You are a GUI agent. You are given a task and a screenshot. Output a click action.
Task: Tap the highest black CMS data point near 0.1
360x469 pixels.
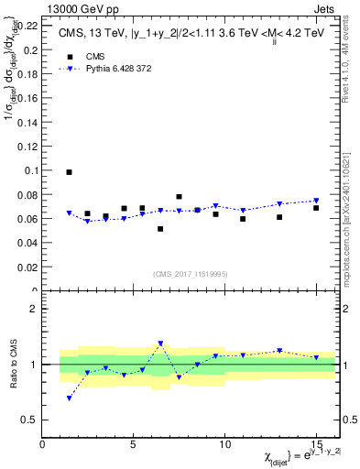(70, 172)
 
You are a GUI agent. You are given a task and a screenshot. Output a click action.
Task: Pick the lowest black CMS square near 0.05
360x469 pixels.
(160, 229)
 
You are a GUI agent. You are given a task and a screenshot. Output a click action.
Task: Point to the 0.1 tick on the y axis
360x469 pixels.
(31, 170)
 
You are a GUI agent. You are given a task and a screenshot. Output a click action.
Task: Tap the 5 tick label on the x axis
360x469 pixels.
(134, 444)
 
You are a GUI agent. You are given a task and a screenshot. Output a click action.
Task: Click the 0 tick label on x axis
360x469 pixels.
(42, 444)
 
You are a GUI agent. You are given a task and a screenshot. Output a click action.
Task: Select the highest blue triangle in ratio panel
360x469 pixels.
(160, 344)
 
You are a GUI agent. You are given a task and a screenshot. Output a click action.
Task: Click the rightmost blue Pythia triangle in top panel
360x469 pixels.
(315, 202)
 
